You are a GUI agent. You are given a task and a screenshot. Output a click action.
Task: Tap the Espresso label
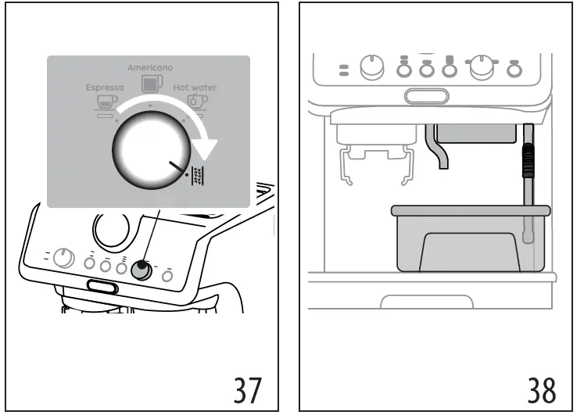coord(105,88)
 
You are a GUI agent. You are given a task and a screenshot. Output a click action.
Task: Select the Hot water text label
coord(195,88)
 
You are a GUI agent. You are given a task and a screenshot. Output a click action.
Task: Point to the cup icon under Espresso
coord(103,102)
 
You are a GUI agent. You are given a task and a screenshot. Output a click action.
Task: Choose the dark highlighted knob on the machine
coord(142,270)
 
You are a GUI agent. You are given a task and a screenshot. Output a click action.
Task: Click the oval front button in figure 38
coord(427,96)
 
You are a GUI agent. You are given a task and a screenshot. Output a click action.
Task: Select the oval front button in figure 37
coord(102,288)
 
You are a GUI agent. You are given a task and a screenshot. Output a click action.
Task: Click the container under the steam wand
coord(470,242)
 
